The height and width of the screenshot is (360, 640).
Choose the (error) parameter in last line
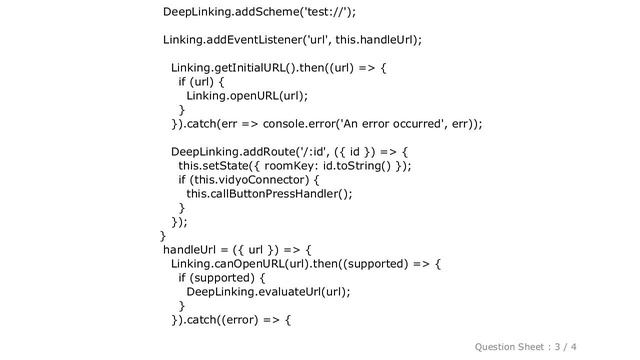[x=258, y=320]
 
